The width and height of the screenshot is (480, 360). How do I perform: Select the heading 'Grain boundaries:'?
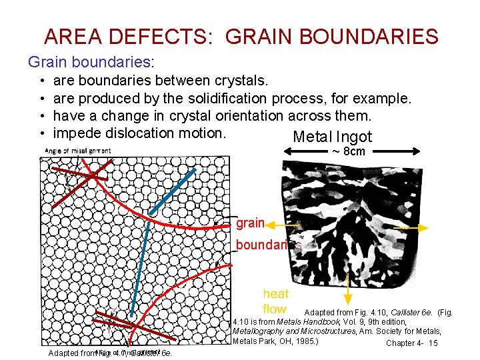pyautogui.click(x=91, y=62)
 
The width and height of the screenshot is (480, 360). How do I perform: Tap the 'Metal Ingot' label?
pyautogui.click(x=332, y=137)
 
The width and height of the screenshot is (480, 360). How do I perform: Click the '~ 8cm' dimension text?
pyautogui.click(x=348, y=152)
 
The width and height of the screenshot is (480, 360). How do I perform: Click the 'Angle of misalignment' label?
pyautogui.click(x=78, y=151)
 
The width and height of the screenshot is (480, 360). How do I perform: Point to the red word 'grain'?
pyautogui.click(x=251, y=223)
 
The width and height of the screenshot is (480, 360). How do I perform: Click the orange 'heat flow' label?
pyautogui.click(x=275, y=301)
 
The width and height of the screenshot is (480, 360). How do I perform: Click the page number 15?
pyautogui.click(x=433, y=343)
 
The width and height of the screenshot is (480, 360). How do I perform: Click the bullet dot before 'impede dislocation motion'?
pyautogui.click(x=42, y=133)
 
